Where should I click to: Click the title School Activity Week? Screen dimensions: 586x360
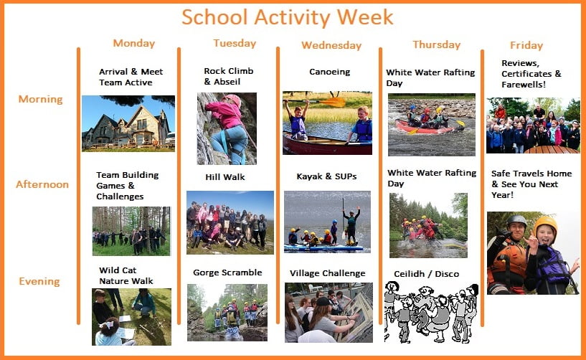pos(288,17)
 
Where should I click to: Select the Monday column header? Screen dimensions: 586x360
pos(134,43)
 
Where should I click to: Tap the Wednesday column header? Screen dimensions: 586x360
pos(331,46)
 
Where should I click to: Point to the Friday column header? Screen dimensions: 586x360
pos(526,46)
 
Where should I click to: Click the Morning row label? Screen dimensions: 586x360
pos(40,100)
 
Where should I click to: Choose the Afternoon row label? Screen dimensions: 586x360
pos(42,184)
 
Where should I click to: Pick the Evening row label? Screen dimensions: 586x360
pos(39,282)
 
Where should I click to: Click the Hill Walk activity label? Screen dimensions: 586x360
pos(225,177)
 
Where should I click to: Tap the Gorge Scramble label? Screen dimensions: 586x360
pos(227,273)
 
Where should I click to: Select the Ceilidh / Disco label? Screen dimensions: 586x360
pos(427,274)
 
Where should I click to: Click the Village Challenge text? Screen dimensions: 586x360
pos(327,274)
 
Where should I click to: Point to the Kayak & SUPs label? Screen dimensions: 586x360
pos(326,177)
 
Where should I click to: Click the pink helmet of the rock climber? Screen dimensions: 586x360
pos(233,100)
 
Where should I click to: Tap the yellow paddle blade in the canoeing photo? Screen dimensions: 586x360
pos(333,102)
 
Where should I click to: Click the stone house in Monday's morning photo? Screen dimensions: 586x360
pos(127,127)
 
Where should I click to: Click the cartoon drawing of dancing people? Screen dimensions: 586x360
pos(431,313)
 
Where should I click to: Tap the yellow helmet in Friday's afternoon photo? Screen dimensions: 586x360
pos(545,226)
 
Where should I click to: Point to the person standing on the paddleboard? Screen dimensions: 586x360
pos(351,226)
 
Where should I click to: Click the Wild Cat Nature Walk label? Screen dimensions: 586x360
pos(126,276)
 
